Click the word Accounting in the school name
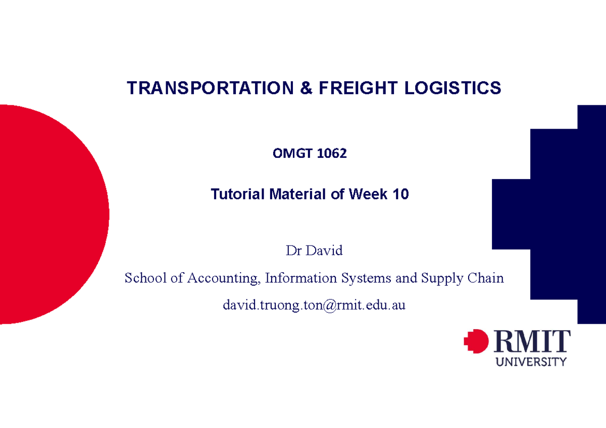point(221,278)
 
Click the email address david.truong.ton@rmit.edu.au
point(314,305)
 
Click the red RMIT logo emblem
point(476,342)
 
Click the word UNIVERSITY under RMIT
point(532,361)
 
